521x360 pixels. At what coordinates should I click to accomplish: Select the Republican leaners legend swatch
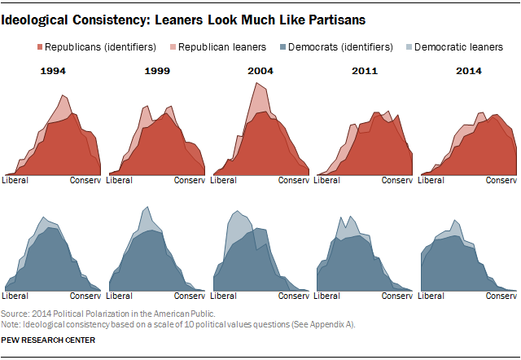coord(172,47)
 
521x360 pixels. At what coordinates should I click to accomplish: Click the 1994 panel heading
coord(53,72)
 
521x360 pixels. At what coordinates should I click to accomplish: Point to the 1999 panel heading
coord(157,72)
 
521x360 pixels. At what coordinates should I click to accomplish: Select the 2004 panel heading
coord(260,72)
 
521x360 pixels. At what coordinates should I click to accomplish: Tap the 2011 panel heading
coord(364,72)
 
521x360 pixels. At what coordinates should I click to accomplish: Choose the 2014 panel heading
coord(468,72)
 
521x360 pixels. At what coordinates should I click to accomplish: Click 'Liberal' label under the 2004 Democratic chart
coord(224,295)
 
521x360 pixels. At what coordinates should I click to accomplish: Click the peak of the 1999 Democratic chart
coord(147,207)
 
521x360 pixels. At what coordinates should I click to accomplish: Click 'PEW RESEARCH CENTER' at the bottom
coord(48,340)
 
